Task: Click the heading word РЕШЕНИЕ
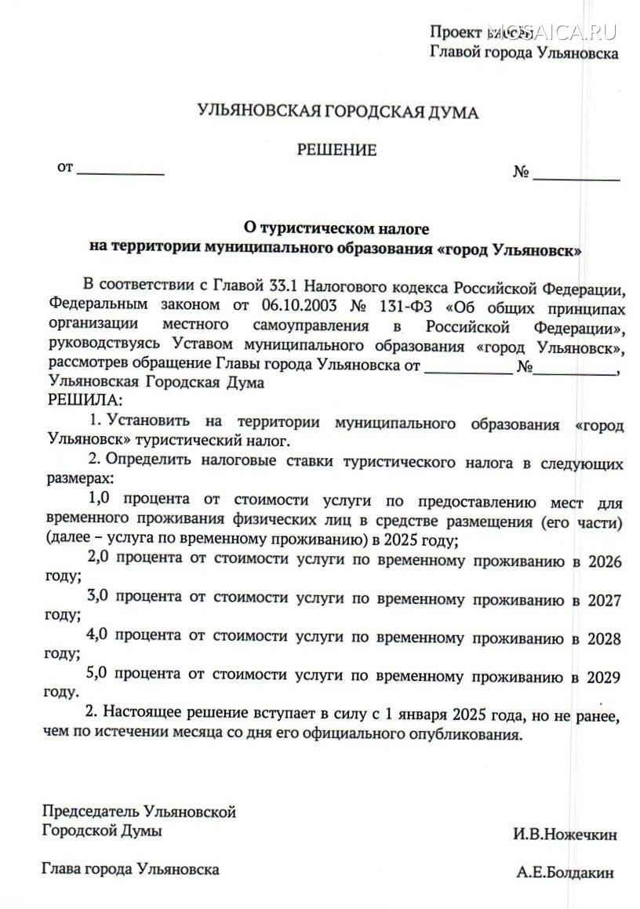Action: pos(336,151)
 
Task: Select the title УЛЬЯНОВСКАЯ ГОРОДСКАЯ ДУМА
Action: pos(338,114)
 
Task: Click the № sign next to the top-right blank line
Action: pos(522,172)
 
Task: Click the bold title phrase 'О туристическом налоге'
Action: pos(336,230)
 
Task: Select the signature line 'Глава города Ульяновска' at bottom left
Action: pos(130,869)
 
